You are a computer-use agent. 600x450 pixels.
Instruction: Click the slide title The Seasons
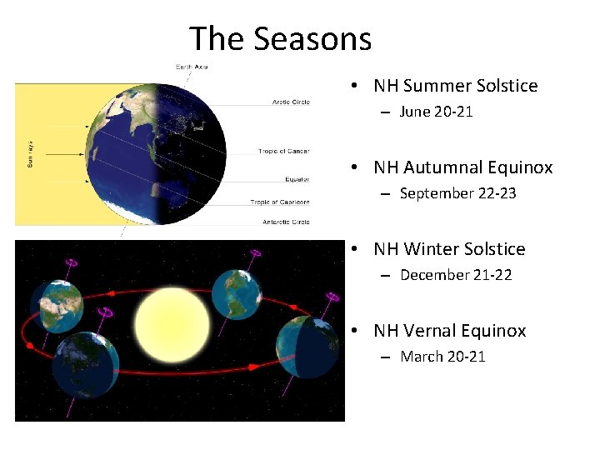280,38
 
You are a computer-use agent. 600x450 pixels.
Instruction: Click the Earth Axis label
191,66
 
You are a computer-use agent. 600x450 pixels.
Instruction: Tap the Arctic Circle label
291,102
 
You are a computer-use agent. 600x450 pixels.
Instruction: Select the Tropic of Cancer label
284,152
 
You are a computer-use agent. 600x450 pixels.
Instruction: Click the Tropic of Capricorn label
279,202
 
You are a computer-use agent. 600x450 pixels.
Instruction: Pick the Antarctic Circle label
286,222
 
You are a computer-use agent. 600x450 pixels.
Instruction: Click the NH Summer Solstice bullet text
455,86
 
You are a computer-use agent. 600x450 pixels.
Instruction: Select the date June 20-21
436,112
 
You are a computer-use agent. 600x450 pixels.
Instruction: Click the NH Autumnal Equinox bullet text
462,167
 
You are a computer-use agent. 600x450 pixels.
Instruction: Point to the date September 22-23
457,193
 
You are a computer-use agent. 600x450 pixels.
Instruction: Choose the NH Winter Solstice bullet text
449,249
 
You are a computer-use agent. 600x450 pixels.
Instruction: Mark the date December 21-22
456,275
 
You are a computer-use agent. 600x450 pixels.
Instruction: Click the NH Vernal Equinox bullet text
449,331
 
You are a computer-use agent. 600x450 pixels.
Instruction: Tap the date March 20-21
442,357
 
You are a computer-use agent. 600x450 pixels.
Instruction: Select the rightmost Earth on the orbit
307,351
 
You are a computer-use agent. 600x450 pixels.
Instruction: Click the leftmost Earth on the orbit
56,305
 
